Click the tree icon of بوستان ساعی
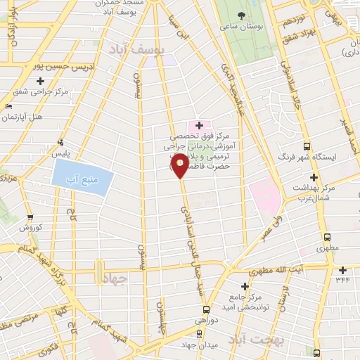(241, 15)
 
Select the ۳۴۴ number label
(342, 281)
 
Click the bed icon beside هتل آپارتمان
(8, 105)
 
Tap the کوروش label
(32, 227)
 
